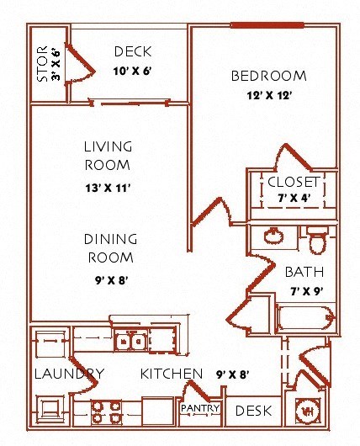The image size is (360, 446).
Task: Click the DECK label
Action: pos(133,51)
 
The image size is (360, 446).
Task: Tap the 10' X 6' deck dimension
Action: pos(132,71)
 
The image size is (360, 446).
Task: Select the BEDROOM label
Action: pos(269,76)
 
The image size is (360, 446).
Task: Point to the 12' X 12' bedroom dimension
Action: pos(269,96)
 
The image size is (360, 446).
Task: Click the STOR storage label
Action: pos(42,64)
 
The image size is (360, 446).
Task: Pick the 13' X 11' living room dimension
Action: pos(108,188)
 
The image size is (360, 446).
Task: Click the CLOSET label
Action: pos(294,182)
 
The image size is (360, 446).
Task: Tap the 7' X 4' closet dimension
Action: pos(294,198)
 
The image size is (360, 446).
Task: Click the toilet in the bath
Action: pos(317,241)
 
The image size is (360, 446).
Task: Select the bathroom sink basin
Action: pos(273,236)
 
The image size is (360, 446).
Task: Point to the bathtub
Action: pos(305,318)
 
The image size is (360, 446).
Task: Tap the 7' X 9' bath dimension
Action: pos(307,291)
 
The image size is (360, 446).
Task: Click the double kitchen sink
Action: pos(131,340)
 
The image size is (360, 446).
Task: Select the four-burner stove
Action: pos(106,412)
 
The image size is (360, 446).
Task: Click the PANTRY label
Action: pos(200,408)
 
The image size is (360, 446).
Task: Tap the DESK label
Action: pos(253,411)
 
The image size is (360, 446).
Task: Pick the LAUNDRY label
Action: pos(69,374)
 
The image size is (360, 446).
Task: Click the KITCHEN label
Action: pos(172,374)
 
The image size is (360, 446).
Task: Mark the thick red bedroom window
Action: pos(267,25)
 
